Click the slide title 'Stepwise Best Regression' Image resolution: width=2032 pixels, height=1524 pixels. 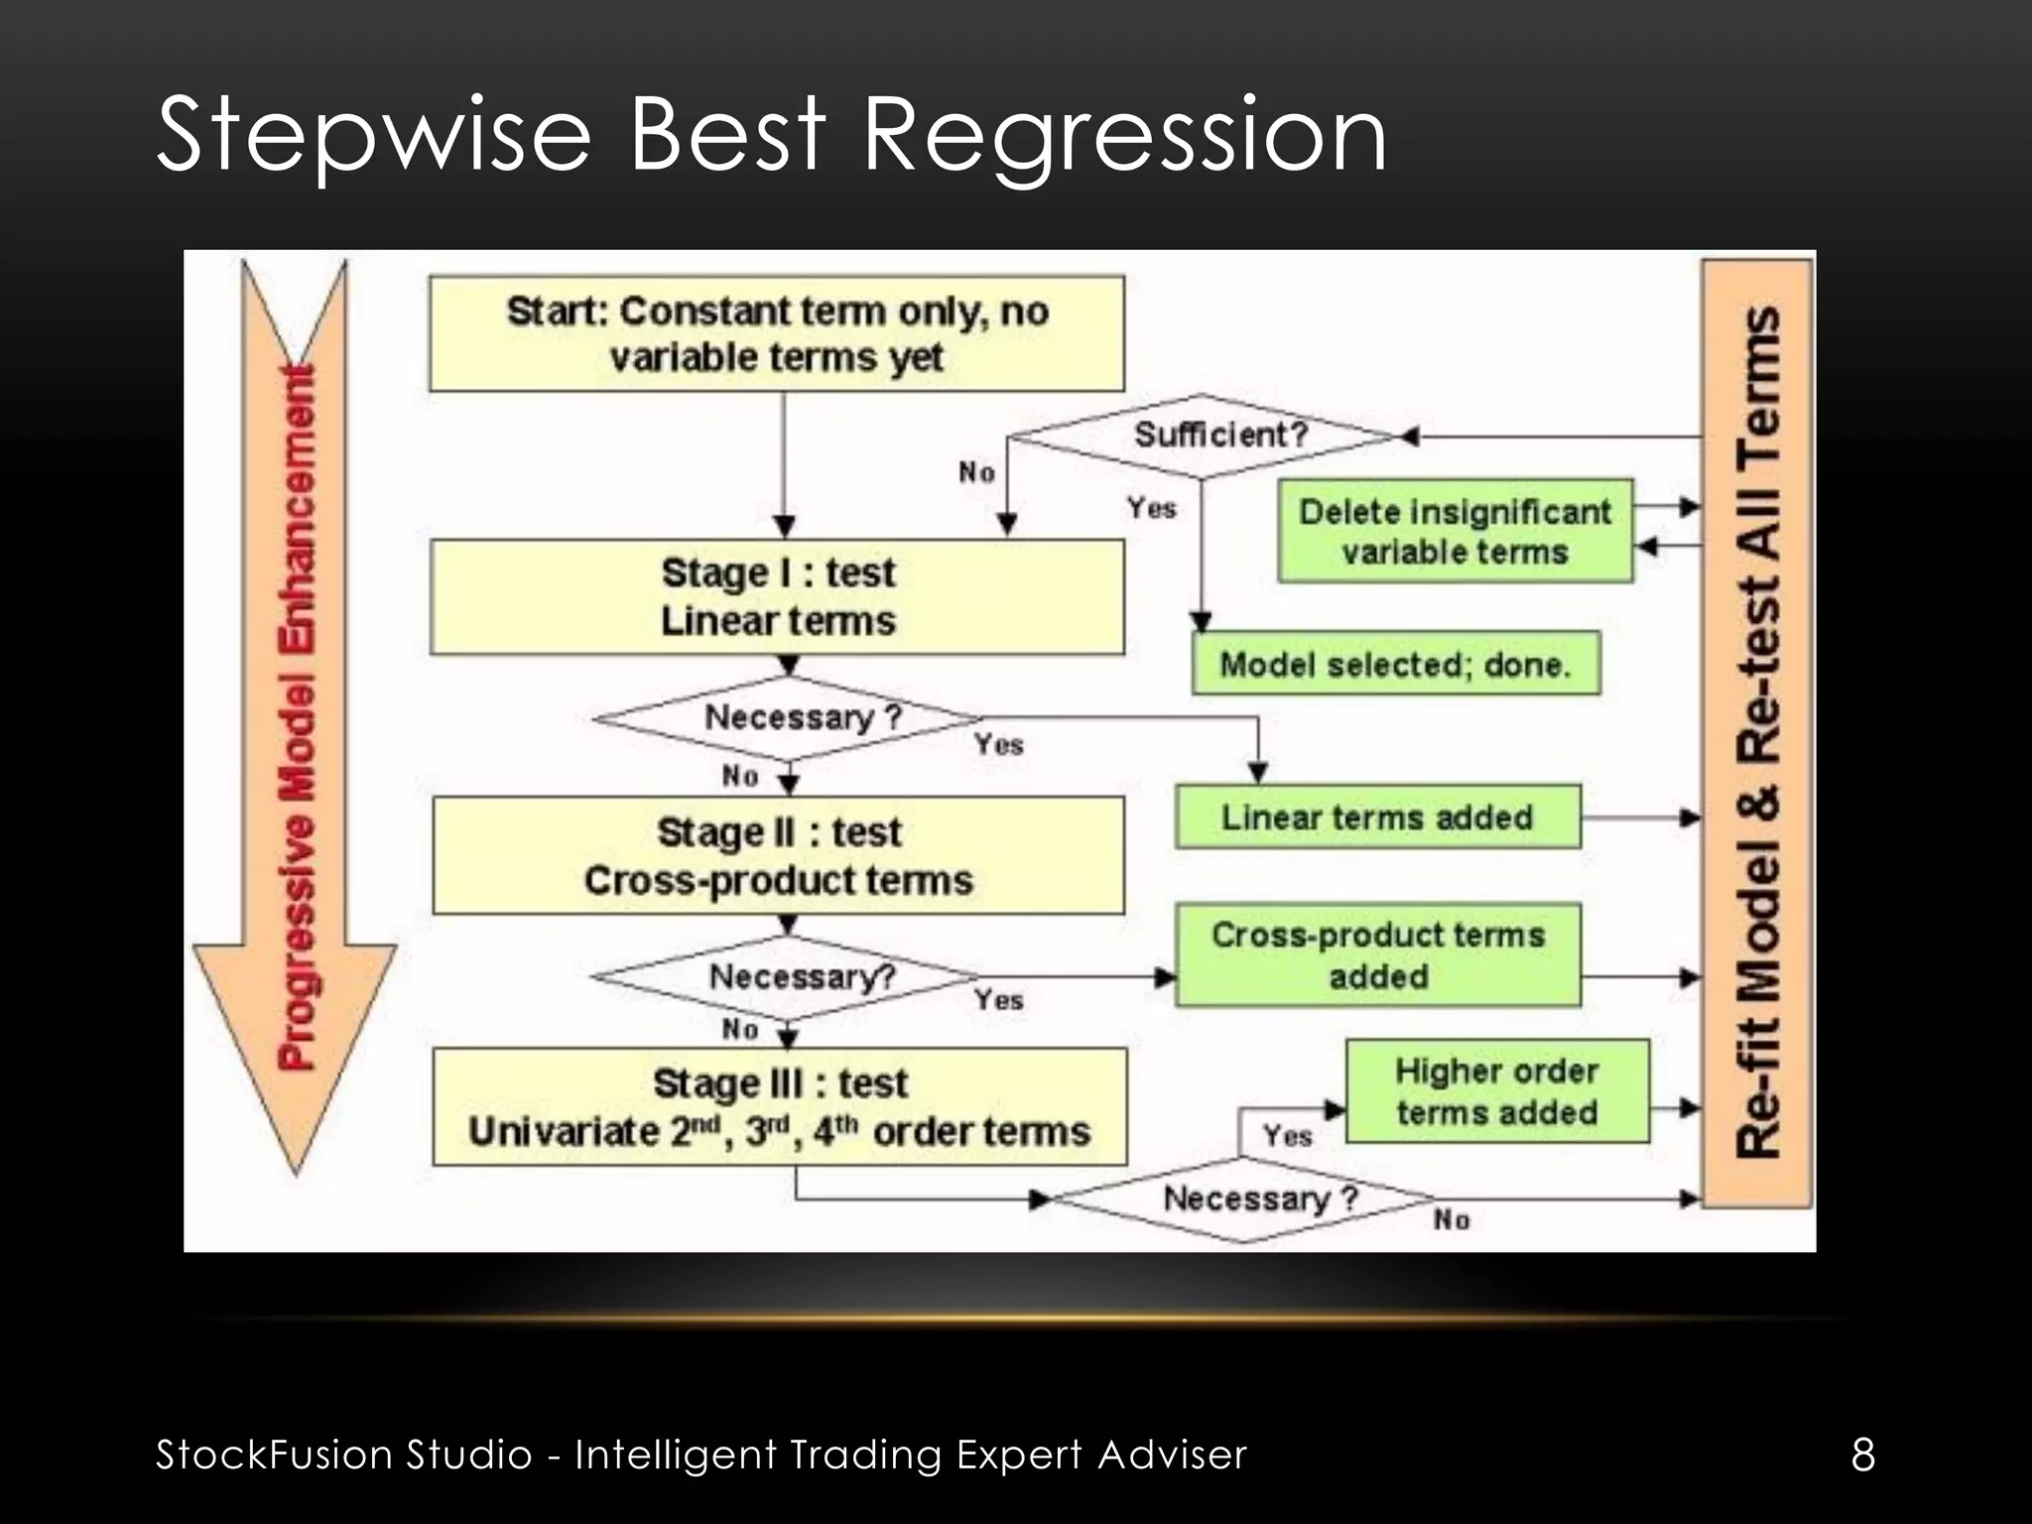tap(771, 135)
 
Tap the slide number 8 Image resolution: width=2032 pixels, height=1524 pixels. tap(1862, 1455)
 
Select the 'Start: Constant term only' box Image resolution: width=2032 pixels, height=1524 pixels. tap(777, 333)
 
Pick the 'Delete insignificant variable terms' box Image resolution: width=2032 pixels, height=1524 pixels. tap(1455, 531)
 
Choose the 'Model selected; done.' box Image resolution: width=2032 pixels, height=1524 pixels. tap(1395, 663)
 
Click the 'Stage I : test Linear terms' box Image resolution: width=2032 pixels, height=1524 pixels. tap(778, 596)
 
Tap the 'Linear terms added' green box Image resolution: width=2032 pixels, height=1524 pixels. tap(1377, 817)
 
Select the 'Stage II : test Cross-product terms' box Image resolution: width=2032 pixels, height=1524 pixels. tap(779, 855)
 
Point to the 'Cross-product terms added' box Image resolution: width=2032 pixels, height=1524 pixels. tap(1377, 954)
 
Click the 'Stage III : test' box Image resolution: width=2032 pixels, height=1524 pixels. tap(780, 1106)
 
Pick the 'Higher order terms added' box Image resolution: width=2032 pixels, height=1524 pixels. tap(1496, 1091)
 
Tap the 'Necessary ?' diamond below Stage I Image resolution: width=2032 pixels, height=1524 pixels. tap(789, 717)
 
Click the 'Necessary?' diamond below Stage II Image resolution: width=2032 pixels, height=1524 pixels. tap(788, 977)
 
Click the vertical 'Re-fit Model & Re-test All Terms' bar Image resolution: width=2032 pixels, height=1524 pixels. tap(1757, 733)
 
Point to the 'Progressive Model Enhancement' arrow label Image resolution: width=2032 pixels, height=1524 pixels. tap(297, 714)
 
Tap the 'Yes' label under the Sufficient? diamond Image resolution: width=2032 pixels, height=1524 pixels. tap(1151, 508)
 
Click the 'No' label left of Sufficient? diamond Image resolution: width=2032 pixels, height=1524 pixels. tap(976, 472)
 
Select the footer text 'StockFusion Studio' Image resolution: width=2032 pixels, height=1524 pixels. tap(344, 1455)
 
